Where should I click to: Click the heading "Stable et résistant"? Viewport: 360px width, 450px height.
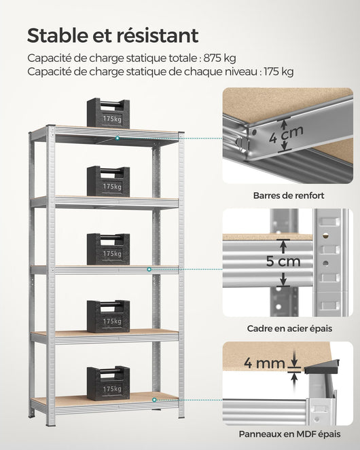(113, 35)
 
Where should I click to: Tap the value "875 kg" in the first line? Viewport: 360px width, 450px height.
(221, 58)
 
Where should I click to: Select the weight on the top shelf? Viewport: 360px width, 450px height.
(108, 114)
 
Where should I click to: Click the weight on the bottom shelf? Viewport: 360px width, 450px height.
(108, 383)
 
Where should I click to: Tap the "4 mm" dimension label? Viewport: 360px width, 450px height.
(265, 362)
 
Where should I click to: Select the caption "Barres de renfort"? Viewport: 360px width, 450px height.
(288, 195)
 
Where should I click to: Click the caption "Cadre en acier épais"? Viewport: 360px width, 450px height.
(289, 329)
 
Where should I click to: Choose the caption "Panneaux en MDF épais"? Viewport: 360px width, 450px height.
(289, 434)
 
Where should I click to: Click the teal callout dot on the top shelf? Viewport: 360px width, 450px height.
(118, 138)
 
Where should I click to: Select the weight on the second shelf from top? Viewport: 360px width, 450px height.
(108, 182)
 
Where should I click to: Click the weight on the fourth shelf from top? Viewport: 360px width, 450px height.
(108, 316)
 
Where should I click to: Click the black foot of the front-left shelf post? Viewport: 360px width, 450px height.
(51, 424)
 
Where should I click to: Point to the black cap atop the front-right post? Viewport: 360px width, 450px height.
(181, 133)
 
